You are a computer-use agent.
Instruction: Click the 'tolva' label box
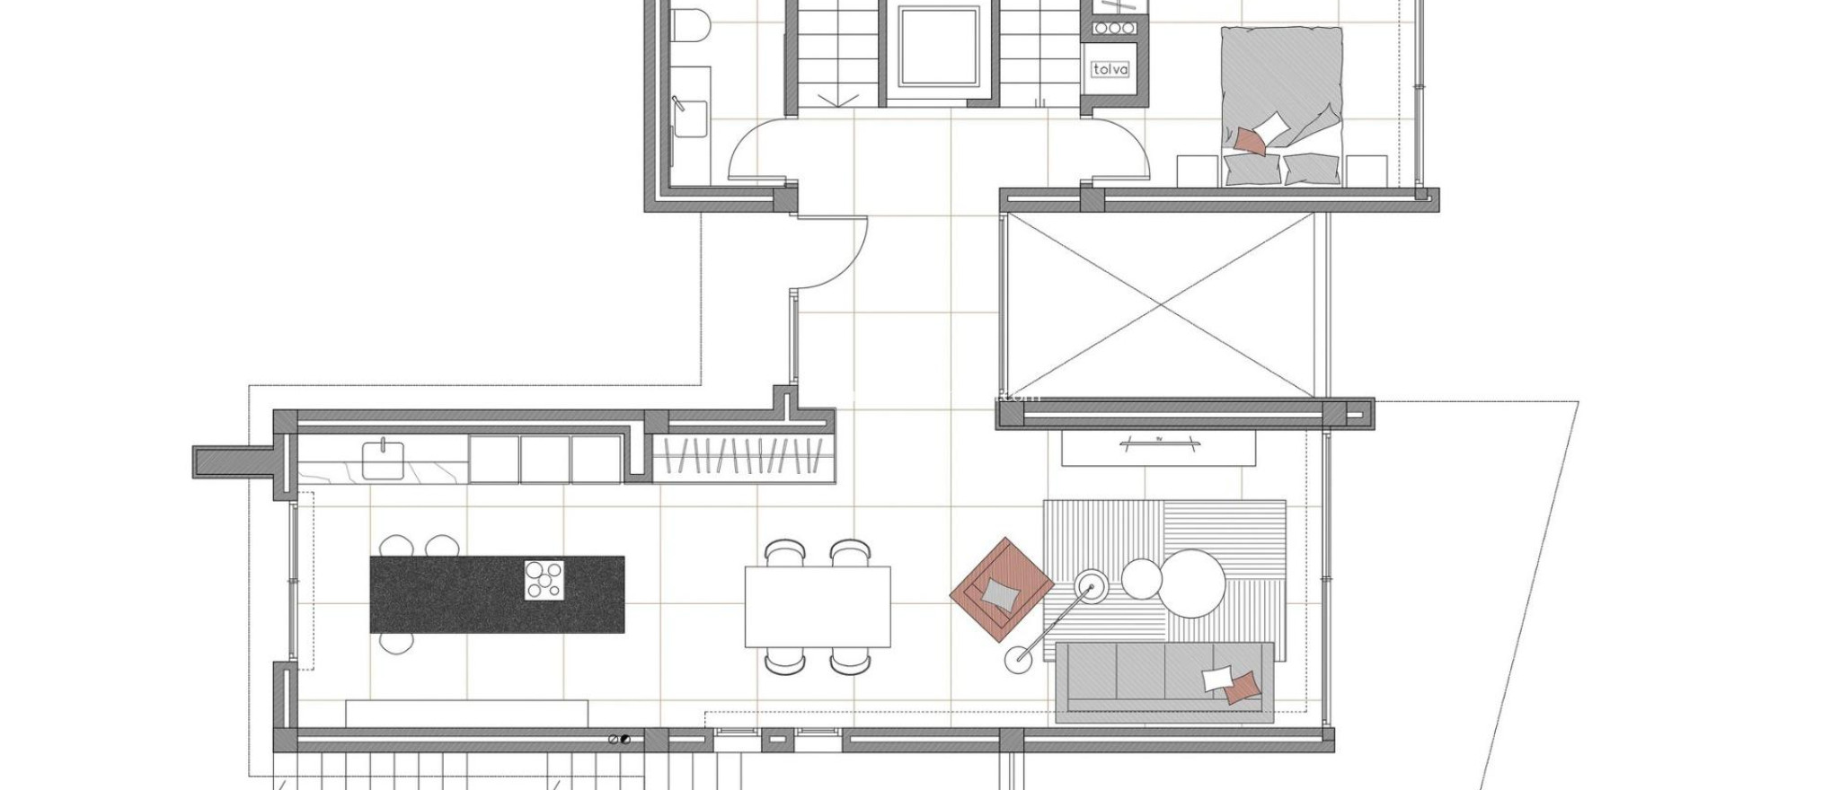[x=1110, y=69]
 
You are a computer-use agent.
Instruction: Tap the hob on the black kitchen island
[x=544, y=580]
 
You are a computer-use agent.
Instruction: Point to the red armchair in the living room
[x=1002, y=590]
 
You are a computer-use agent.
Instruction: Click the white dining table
[x=818, y=606]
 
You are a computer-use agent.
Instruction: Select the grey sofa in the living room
[x=1164, y=682]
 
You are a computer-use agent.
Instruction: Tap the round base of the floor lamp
[x=1019, y=661]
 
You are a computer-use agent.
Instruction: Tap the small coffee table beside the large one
[x=1141, y=576]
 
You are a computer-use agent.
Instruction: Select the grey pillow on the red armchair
[x=1001, y=593]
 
